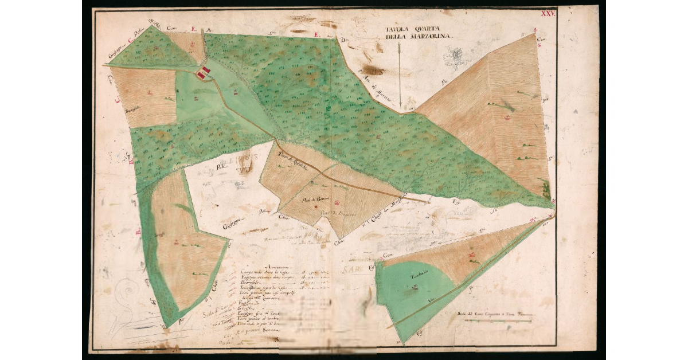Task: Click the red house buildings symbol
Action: pyautogui.click(x=204, y=73)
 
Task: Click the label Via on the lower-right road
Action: pyautogui.click(x=431, y=299)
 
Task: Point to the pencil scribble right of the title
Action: pyautogui.click(x=456, y=56)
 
